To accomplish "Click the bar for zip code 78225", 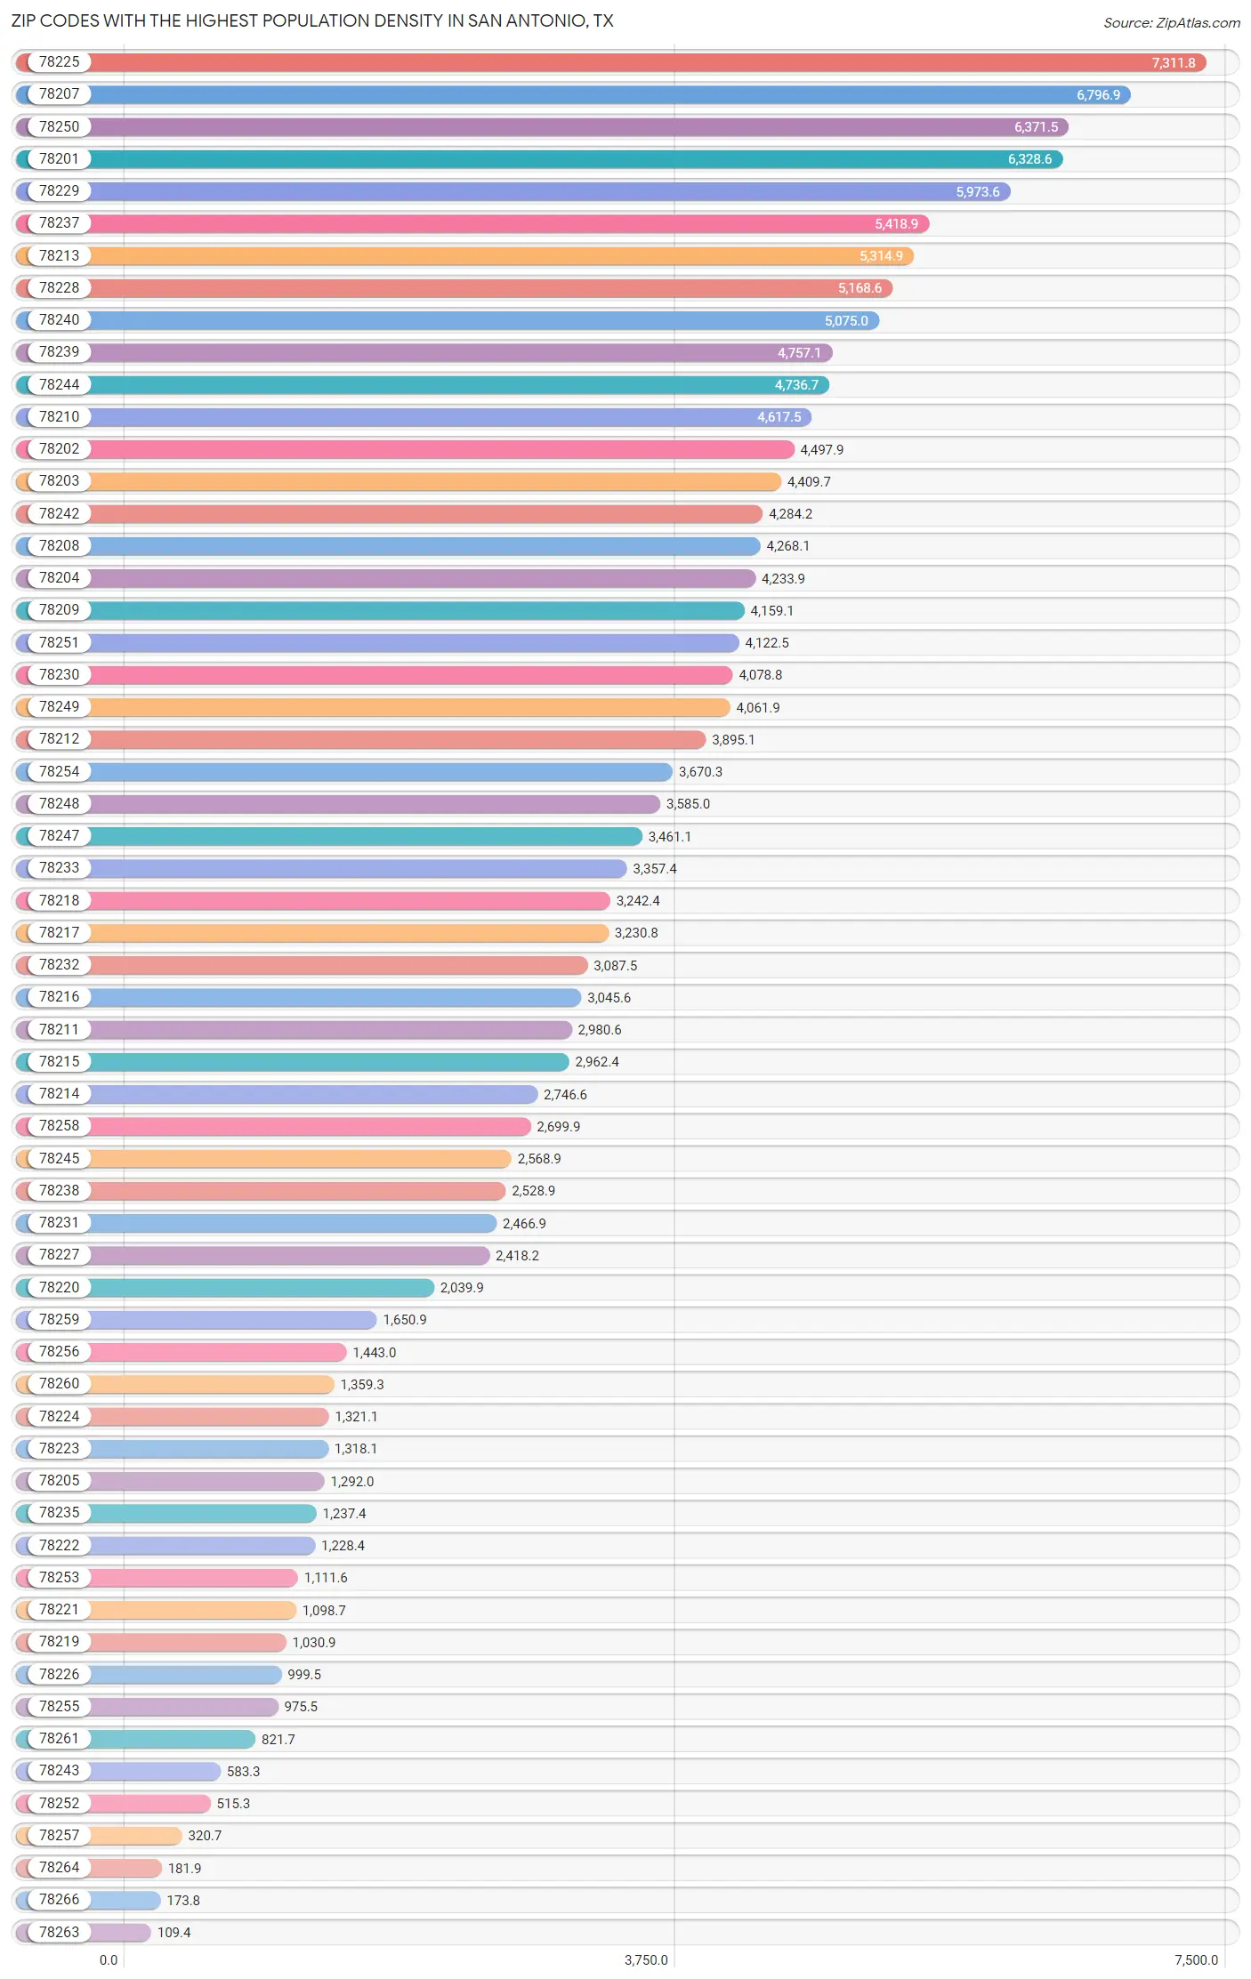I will (x=623, y=62).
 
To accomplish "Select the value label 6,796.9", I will (x=1098, y=95).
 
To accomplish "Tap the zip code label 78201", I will (x=59, y=159).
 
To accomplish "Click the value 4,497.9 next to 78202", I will (x=821, y=450).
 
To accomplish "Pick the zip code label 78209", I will (x=59, y=610).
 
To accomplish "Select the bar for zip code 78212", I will (x=400, y=739).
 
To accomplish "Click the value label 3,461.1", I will (x=669, y=837).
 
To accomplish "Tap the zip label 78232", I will (x=59, y=965).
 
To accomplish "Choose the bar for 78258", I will (x=311, y=1126).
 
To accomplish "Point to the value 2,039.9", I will (x=462, y=1288).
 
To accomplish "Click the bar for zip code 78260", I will (x=214, y=1384).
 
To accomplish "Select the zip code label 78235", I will (x=59, y=1513).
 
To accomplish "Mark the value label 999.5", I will (x=304, y=1675).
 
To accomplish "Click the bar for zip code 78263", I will (x=120, y=1932).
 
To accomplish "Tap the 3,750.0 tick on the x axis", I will (x=646, y=1960).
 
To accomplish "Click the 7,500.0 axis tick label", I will (x=1196, y=1960).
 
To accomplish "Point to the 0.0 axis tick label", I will (x=109, y=1960).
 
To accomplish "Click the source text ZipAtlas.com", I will (x=1198, y=23).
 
